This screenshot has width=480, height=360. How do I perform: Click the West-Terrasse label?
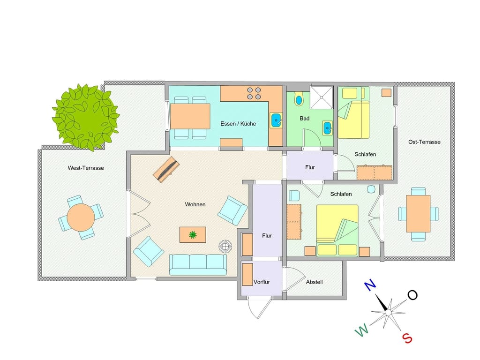[x=86, y=168]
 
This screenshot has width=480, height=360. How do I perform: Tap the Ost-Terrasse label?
[x=424, y=142]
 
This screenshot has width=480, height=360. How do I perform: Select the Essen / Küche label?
[x=238, y=124]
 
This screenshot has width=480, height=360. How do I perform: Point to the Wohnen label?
[x=195, y=204]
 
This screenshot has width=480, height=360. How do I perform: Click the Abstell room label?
[x=314, y=282]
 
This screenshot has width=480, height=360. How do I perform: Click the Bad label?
[x=305, y=119]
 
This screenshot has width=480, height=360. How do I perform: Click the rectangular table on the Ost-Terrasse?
[x=418, y=214]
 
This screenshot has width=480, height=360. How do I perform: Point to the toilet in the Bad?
[x=299, y=99]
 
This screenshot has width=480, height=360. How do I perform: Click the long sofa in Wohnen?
[x=198, y=264]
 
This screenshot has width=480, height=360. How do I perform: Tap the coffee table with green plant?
[x=193, y=235]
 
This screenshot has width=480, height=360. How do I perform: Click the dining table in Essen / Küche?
[x=189, y=116]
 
